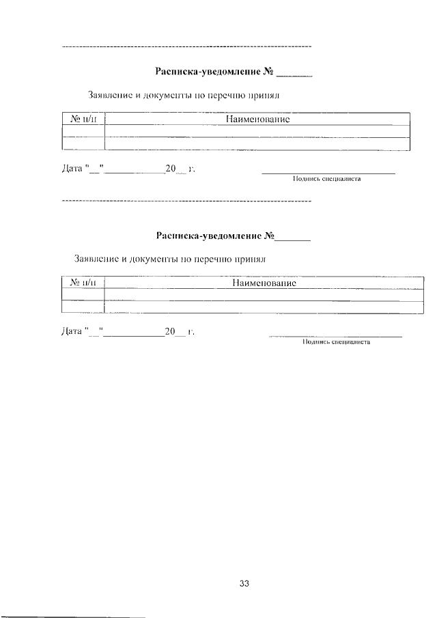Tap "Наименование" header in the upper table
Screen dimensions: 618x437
pos(257,120)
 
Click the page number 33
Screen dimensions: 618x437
pos(245,583)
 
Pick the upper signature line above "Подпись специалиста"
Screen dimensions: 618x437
pos(328,173)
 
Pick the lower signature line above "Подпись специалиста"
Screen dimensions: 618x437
pos(336,336)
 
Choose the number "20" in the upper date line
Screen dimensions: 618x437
pos(171,169)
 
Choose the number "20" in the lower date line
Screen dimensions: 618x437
pos(170,333)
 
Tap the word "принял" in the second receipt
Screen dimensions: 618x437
pos(250,259)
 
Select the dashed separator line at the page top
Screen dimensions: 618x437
pos(186,46)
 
